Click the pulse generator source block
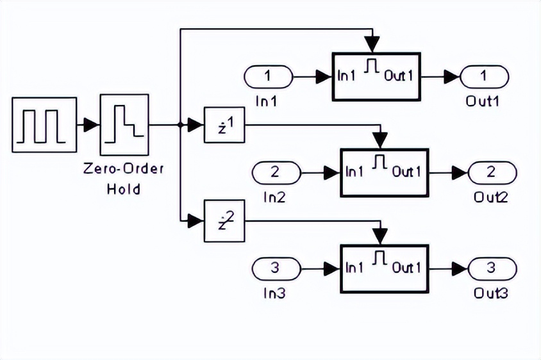click(44, 125)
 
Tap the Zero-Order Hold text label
click(124, 179)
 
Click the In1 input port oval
click(267, 77)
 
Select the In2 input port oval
click(276, 172)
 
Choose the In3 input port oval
click(276, 268)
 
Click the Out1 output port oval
click(483, 77)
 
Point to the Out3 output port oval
click(492, 268)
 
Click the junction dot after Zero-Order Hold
click(181, 124)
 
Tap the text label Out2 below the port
click(491, 197)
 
